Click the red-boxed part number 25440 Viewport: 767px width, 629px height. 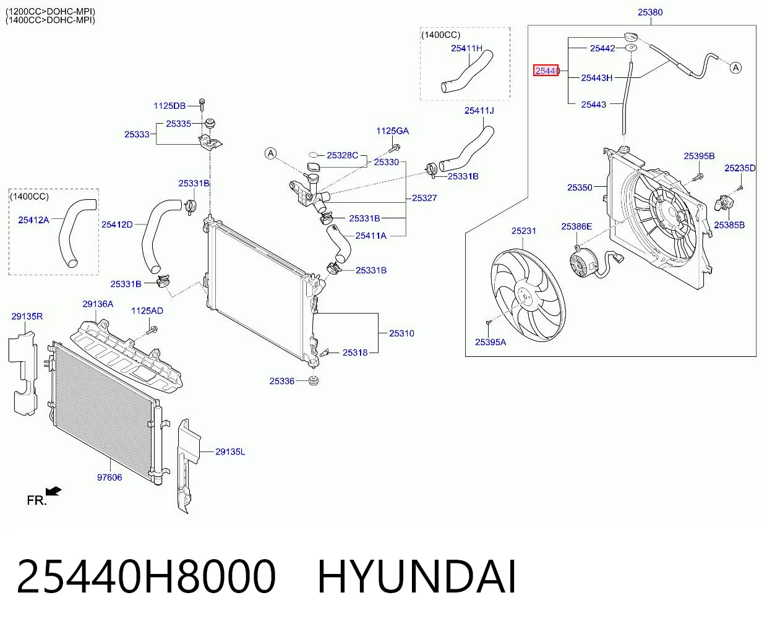546,71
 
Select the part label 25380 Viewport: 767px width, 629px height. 650,12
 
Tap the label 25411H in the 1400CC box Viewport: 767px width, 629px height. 466,48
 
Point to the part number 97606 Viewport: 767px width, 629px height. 109,477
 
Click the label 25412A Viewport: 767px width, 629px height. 33,220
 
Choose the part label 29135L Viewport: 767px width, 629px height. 230,451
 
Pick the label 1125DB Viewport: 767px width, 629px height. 169,106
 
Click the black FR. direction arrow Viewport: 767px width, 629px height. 54,492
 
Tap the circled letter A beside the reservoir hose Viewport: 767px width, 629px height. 735,68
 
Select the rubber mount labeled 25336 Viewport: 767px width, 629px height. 313,380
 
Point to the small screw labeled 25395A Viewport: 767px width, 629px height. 489,322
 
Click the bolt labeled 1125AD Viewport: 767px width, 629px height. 152,330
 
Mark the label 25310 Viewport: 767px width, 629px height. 401,333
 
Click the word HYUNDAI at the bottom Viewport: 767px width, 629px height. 417,577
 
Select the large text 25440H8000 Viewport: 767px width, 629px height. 146,577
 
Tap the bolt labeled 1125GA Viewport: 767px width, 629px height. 395,148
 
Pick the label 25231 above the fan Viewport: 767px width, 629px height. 524,231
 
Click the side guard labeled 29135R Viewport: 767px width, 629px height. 22,373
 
